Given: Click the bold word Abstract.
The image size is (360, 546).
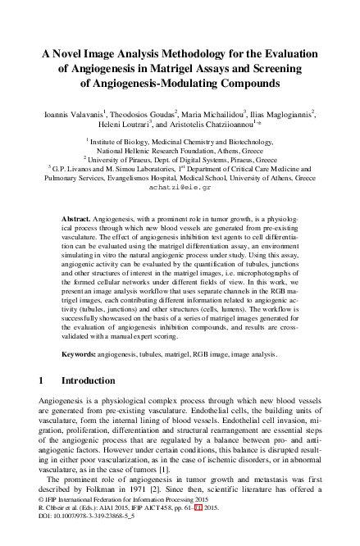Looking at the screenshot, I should (x=76, y=221).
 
